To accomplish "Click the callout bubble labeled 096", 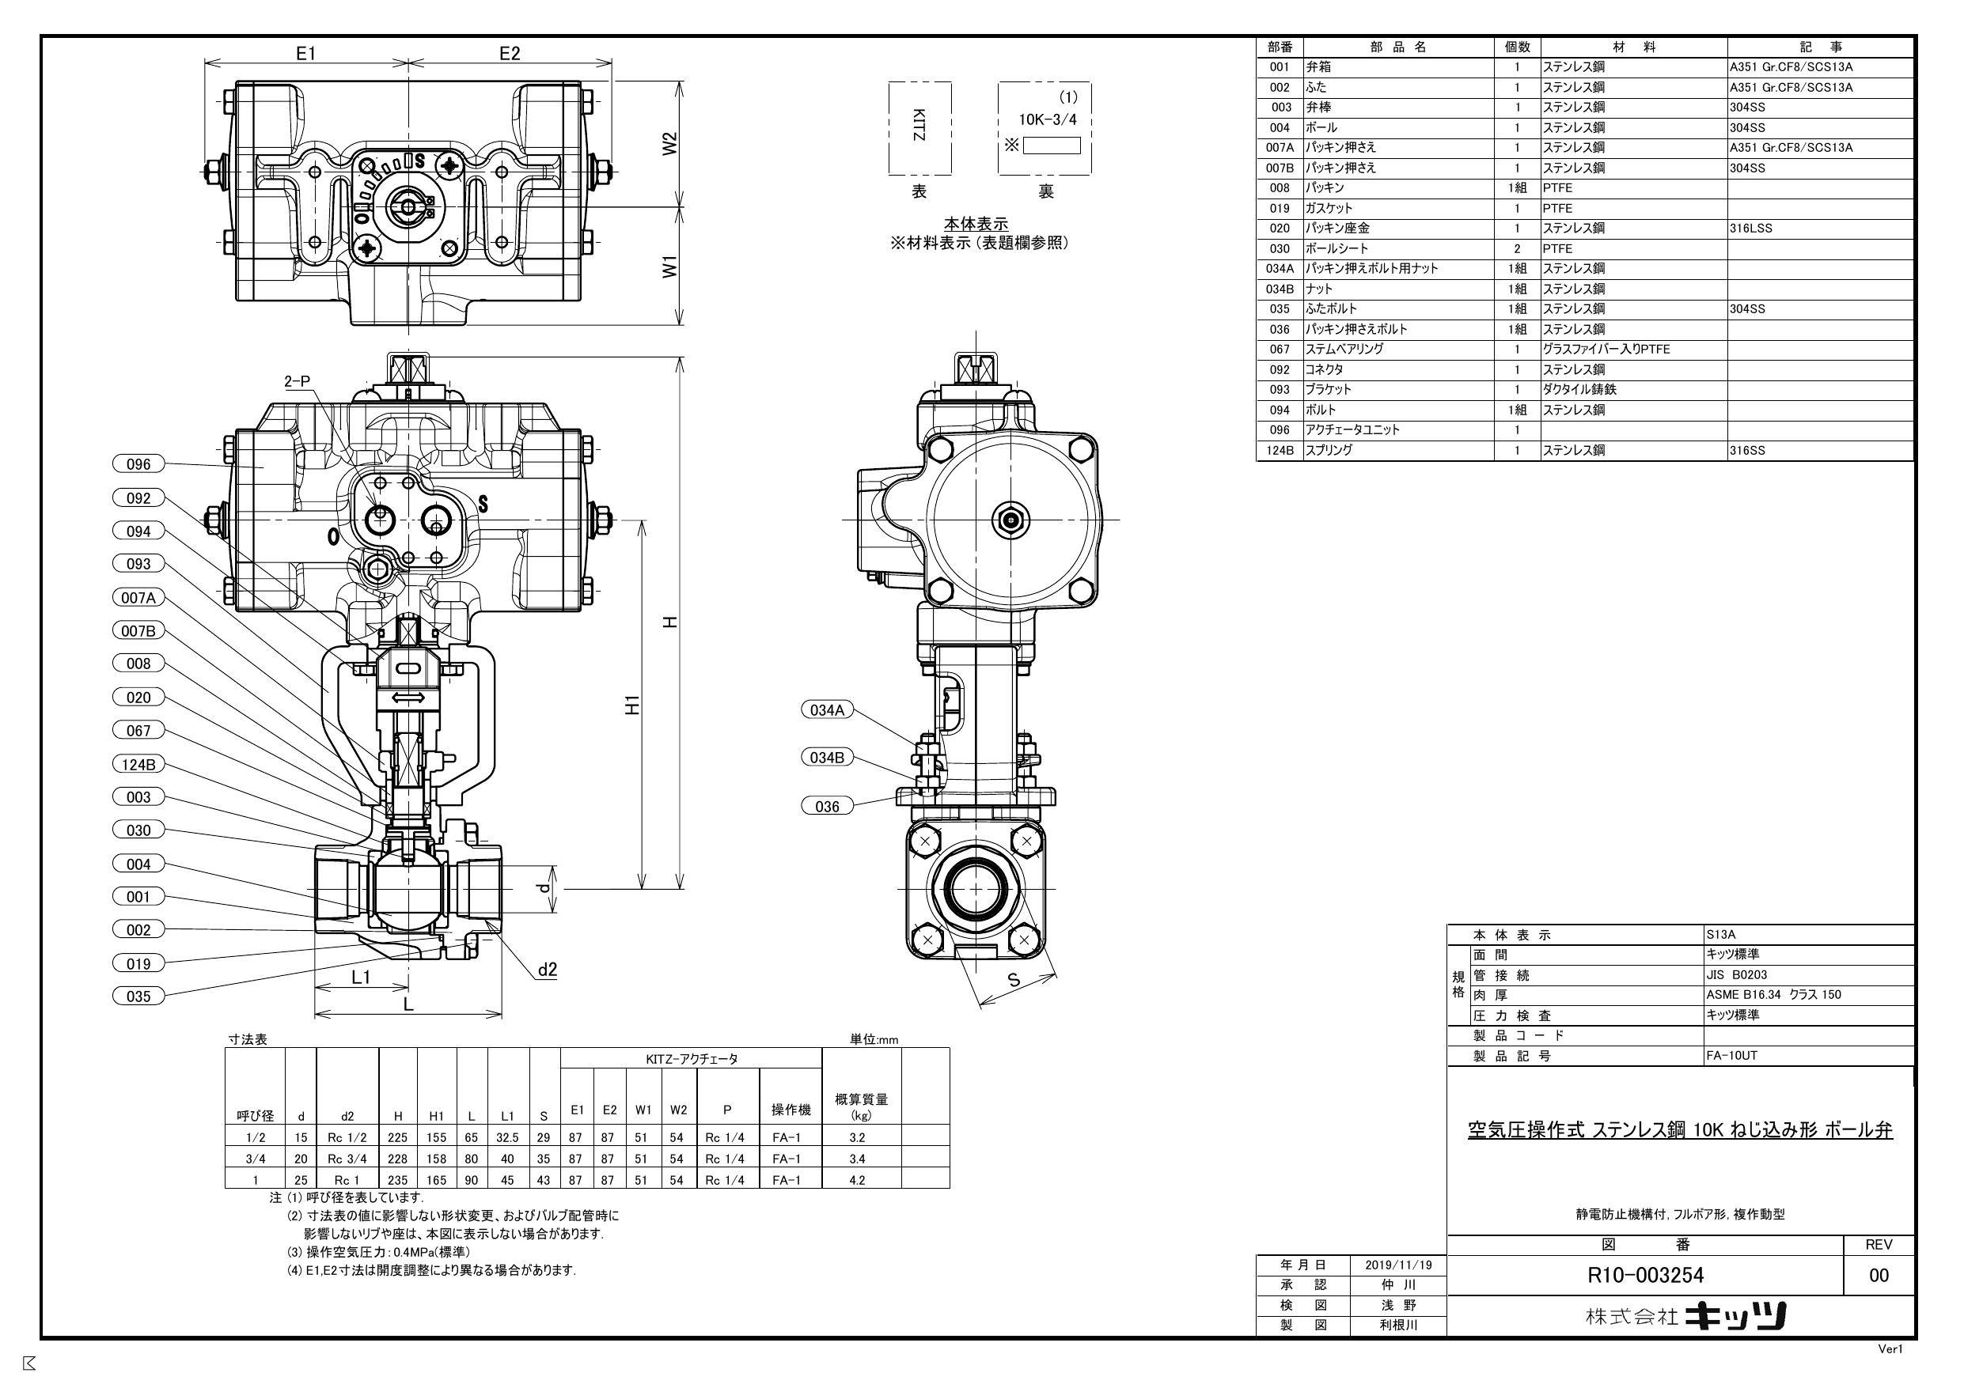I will (x=138, y=464).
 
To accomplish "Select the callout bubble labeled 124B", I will (x=138, y=765).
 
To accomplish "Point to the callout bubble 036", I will (x=827, y=807).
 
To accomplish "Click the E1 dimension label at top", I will (x=305, y=53).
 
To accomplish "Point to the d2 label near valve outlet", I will (x=548, y=969).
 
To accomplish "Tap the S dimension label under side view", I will (x=1014, y=980).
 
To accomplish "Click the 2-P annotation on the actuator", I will (x=297, y=381).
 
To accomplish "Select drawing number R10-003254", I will (x=1645, y=1275).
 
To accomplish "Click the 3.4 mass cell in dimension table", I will (x=857, y=1159).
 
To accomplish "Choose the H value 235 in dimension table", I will (x=398, y=1180).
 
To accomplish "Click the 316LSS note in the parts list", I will (x=1750, y=229).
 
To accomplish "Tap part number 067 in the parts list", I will (x=1279, y=349).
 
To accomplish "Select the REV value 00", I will (x=1879, y=1275).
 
